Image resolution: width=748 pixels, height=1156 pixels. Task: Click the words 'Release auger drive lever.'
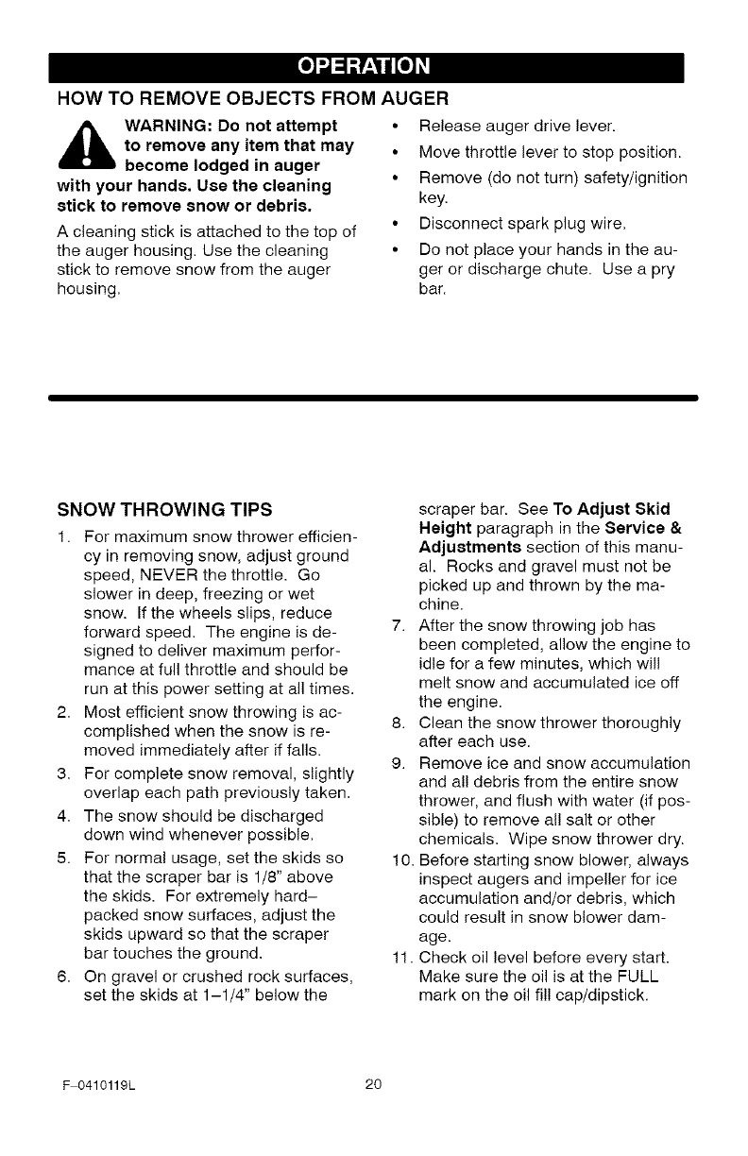517,127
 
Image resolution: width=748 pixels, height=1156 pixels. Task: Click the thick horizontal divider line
373,399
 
